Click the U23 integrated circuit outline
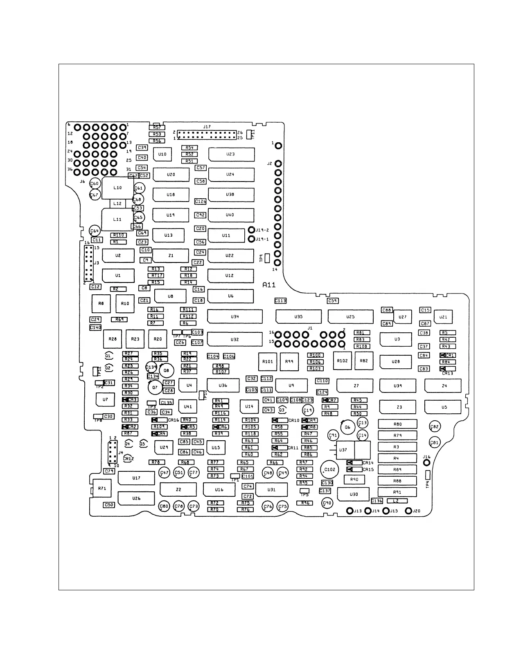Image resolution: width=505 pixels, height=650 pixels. point(231,155)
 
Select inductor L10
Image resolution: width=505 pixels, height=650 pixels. point(117,188)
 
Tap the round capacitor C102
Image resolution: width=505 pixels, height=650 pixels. point(329,470)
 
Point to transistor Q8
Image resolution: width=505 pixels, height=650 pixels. point(166,371)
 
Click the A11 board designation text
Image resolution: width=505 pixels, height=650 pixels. point(269,285)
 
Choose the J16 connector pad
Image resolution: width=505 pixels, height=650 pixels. point(426,463)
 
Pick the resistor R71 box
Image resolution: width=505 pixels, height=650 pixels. point(102,488)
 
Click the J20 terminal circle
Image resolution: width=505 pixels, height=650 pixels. point(408,511)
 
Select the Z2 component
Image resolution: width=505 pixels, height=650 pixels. point(178,490)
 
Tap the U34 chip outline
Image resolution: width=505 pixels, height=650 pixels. point(234,317)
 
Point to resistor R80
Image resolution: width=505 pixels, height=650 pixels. point(397,424)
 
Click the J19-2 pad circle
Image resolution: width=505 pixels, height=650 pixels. point(252,230)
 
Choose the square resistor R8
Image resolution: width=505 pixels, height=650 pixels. point(101,303)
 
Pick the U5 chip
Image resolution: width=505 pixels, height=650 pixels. point(444,407)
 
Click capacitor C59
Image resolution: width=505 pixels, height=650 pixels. point(333,301)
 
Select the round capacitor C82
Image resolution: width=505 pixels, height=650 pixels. point(435,427)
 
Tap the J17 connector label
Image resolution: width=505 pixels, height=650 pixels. point(207,127)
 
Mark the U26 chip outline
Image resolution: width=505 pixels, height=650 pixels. point(136,498)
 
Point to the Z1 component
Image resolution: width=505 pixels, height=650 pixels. point(171,256)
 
